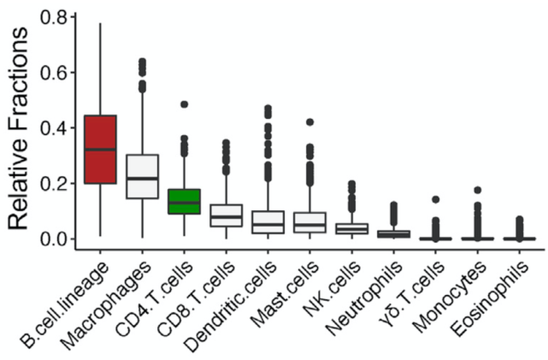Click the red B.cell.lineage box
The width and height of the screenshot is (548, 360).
(101, 149)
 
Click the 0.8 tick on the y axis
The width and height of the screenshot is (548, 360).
(53, 17)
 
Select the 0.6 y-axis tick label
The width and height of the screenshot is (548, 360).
(53, 72)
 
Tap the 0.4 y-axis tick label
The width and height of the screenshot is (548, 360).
(53, 127)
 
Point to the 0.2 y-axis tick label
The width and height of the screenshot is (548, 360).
(53, 183)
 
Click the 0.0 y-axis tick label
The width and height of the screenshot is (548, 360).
(53, 238)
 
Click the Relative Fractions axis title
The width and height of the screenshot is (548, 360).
(21, 128)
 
